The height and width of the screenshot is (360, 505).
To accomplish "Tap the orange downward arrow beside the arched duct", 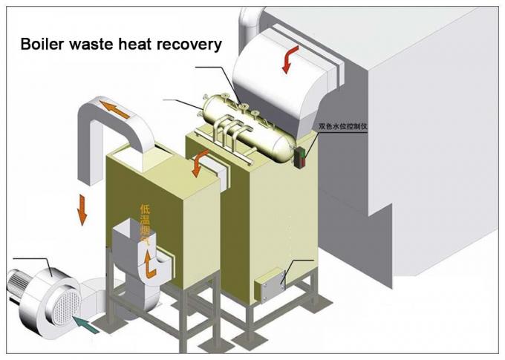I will (x=82, y=211).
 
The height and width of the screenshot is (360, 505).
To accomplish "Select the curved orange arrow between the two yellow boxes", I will (x=199, y=163).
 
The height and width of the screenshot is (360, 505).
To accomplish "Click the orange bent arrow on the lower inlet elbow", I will (x=151, y=264).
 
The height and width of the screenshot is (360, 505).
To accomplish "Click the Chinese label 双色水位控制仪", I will (x=344, y=126).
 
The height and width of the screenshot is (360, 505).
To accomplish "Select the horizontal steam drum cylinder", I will (x=245, y=122).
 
